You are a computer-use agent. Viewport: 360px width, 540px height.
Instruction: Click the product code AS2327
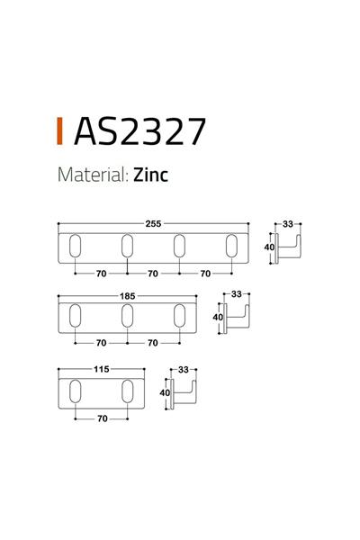coord(139,131)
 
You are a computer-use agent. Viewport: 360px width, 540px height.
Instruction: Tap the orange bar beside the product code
coord(59,131)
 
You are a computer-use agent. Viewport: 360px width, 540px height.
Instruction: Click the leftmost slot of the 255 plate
coord(75,246)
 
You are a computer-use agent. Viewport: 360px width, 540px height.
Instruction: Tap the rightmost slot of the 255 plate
coord(232,246)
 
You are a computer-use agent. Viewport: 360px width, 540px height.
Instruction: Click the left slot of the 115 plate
coord(75,389)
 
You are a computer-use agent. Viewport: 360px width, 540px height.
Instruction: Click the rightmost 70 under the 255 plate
coord(206,272)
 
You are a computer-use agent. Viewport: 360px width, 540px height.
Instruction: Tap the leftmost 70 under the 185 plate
coord(101,343)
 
